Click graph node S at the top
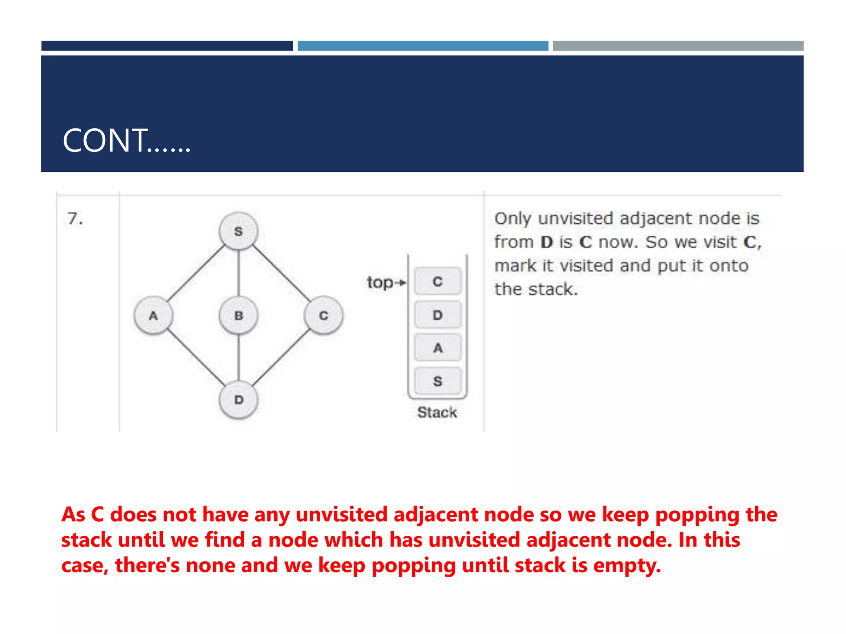[238, 231]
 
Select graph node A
[153, 316]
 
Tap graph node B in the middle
[238, 316]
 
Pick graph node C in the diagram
[323, 316]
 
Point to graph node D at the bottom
[238, 400]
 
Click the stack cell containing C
[437, 282]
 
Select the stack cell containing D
[437, 315]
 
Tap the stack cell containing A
[437, 348]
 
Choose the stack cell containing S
[437, 381]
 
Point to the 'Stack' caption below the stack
[437, 412]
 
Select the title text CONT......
[126, 141]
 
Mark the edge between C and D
[281, 358]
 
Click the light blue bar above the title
[423, 46]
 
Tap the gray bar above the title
[678, 46]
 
